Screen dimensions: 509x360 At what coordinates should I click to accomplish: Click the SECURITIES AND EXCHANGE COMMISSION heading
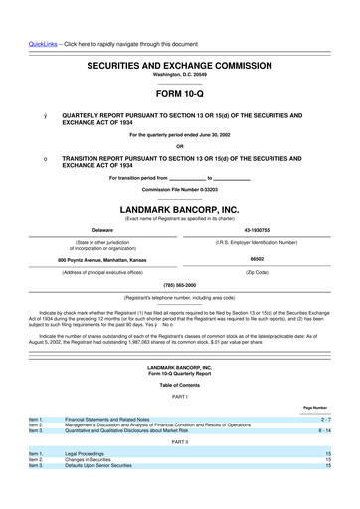[x=180, y=63]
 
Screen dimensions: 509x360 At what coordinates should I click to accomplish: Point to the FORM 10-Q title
[x=180, y=94]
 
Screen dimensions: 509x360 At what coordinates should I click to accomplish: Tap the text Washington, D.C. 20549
[x=180, y=75]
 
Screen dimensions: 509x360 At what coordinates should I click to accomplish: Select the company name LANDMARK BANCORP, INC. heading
[x=180, y=210]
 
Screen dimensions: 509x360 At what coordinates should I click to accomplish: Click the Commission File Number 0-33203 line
[x=180, y=188]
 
